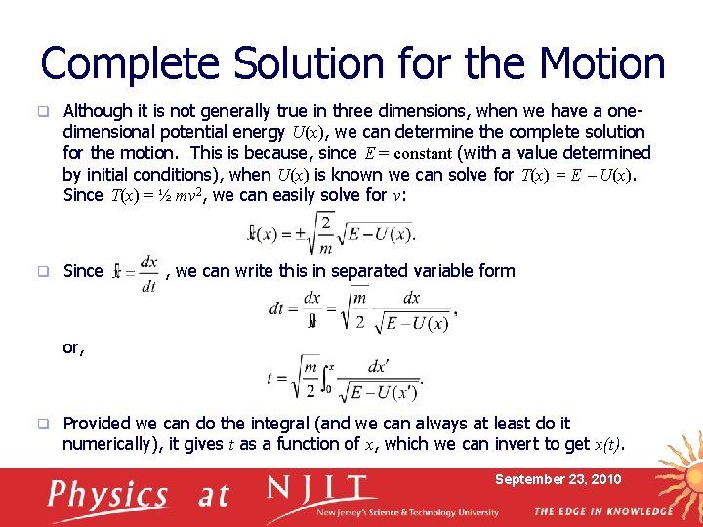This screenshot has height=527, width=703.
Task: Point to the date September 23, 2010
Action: tap(558, 480)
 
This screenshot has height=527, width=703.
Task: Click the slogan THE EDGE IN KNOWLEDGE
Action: tap(602, 511)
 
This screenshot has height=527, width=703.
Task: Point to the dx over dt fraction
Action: tap(149, 272)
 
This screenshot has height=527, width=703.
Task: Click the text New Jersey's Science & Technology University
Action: tap(407, 512)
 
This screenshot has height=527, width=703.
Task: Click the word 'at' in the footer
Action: tap(214, 496)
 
